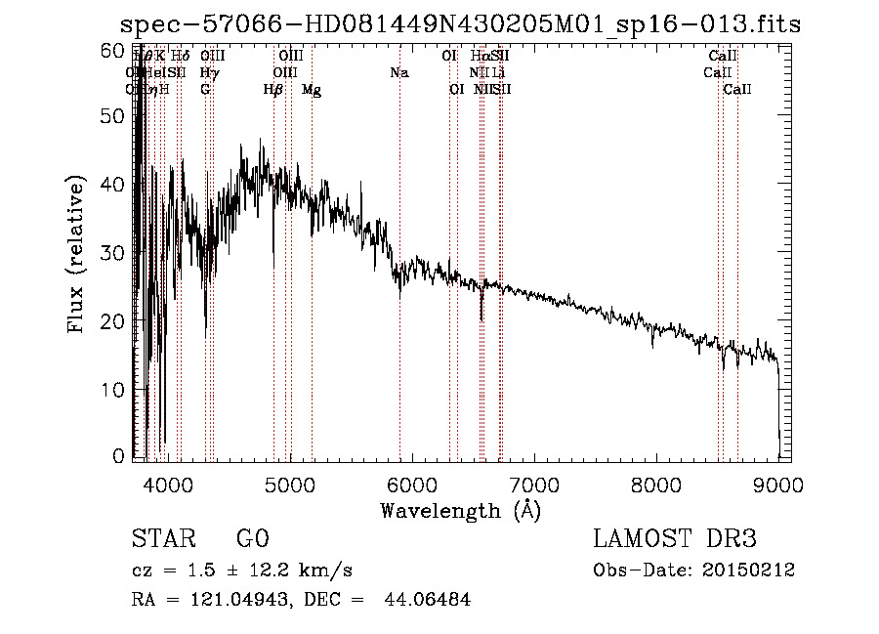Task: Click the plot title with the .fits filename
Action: pos(460,24)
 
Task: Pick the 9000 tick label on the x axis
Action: pos(777,484)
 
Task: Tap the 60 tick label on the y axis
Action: pos(113,49)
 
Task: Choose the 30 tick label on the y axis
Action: pos(113,253)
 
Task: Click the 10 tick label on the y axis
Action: pos(113,389)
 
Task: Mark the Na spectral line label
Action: pos(398,73)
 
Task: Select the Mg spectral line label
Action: pos(312,90)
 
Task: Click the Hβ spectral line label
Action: pos(273,90)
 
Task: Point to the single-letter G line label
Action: pos(205,90)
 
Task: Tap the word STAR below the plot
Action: pos(162,539)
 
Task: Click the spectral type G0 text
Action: pos(253,539)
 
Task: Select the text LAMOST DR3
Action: pos(675,539)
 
